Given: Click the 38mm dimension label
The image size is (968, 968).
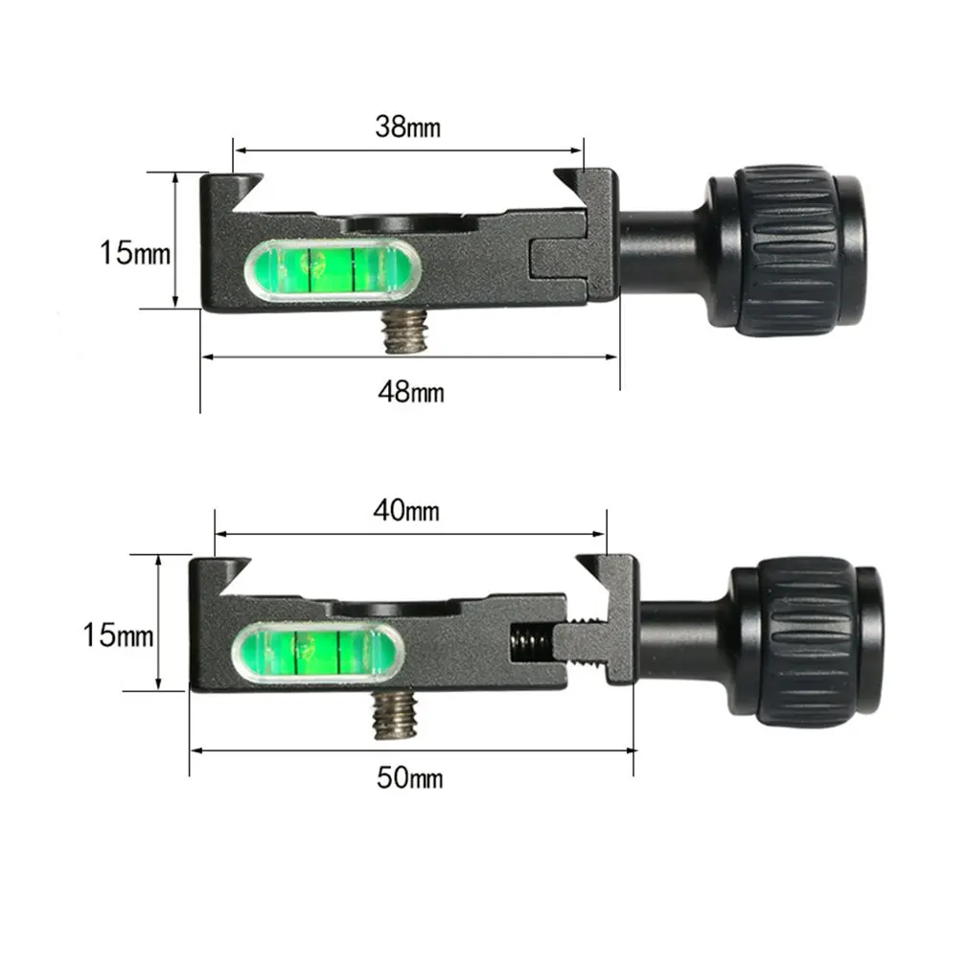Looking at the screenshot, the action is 407,127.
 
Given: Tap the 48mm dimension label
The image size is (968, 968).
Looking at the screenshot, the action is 411,392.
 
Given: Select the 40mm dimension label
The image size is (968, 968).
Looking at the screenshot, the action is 406,511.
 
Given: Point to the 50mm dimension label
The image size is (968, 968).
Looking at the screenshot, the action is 410,778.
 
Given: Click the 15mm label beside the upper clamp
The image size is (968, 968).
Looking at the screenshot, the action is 135,253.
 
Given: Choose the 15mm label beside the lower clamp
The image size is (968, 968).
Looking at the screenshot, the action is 118,635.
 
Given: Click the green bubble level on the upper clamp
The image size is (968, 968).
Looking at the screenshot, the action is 333,269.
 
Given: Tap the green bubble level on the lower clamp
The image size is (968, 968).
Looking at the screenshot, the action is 318,653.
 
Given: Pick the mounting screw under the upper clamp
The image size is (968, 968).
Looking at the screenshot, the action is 402,331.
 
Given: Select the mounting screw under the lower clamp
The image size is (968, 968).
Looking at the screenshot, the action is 396,715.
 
